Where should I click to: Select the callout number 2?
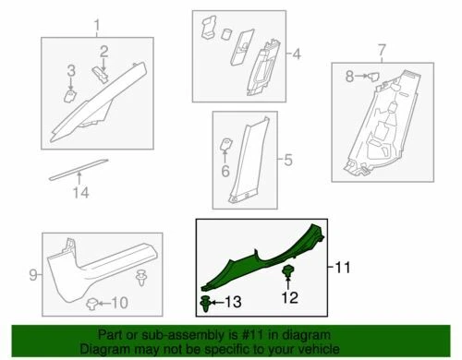[x=104, y=50]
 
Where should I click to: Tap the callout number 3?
[x=70, y=71]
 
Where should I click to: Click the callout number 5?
[x=286, y=161]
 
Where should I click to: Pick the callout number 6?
[x=224, y=170]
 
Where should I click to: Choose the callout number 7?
[x=380, y=48]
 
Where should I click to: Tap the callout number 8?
[x=350, y=78]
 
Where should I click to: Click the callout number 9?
[x=32, y=274]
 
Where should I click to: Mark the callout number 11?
[x=342, y=268]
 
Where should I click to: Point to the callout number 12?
[x=291, y=297]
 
